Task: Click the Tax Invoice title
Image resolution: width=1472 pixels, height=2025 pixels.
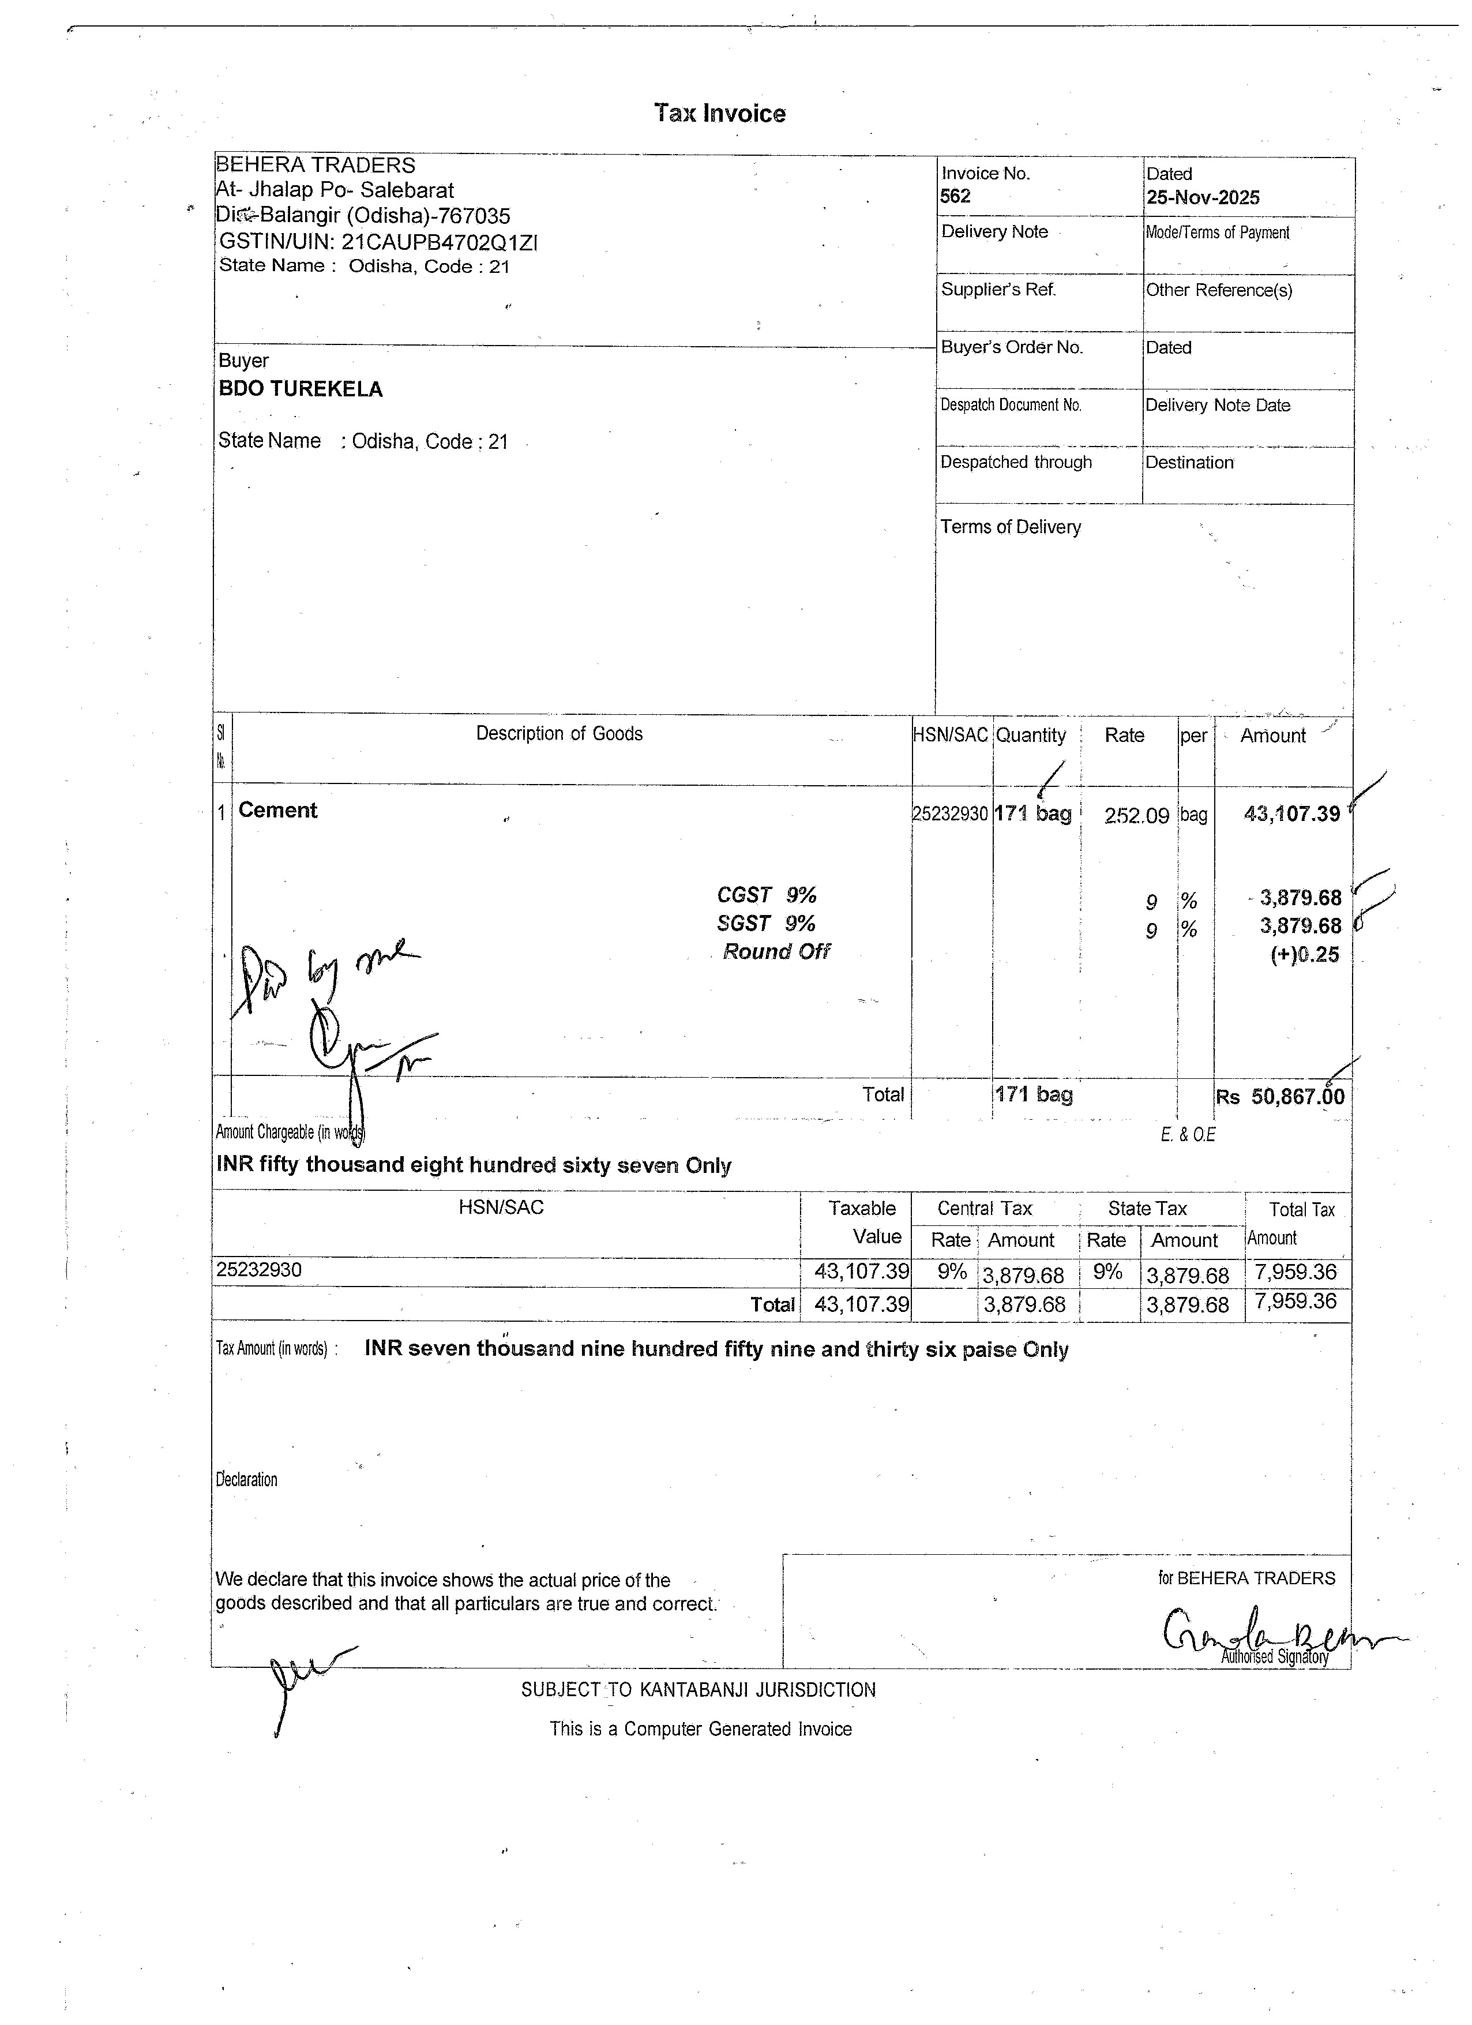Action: tap(719, 114)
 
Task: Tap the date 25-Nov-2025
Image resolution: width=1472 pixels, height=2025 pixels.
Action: tap(1203, 197)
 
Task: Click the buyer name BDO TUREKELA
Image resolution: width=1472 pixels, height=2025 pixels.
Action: tap(301, 389)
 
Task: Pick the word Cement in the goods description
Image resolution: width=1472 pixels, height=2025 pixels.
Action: tap(277, 810)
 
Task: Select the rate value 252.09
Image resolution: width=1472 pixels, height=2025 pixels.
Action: tap(1136, 815)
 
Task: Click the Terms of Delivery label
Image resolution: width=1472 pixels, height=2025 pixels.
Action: tap(1011, 527)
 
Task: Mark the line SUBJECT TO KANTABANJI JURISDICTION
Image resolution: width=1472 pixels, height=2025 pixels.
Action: tap(698, 1689)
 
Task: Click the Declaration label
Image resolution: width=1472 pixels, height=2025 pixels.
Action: tap(246, 1479)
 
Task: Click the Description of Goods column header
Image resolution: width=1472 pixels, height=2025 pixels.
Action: tap(559, 734)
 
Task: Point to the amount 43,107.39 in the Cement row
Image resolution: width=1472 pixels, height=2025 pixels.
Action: tap(1291, 813)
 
